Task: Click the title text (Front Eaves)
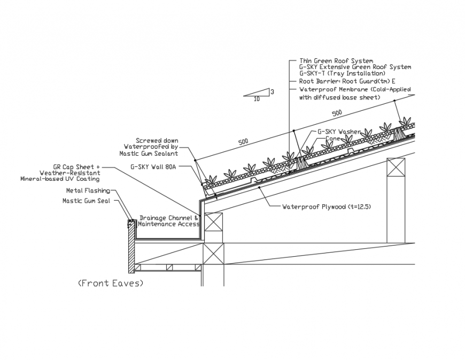(x=111, y=283)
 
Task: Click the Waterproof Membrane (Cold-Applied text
(x=355, y=89)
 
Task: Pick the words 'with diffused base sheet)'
(x=339, y=97)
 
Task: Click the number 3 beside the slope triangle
(x=272, y=91)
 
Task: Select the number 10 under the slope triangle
(x=257, y=99)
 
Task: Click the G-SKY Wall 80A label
(x=153, y=166)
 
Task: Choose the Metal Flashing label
(x=88, y=190)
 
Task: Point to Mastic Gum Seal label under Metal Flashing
(x=87, y=201)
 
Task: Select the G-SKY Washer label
(x=339, y=132)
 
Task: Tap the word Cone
(x=333, y=139)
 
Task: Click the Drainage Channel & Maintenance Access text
(x=169, y=220)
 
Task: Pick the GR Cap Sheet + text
(x=76, y=167)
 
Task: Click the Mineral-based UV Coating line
(x=59, y=179)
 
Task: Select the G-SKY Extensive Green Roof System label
(x=355, y=67)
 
